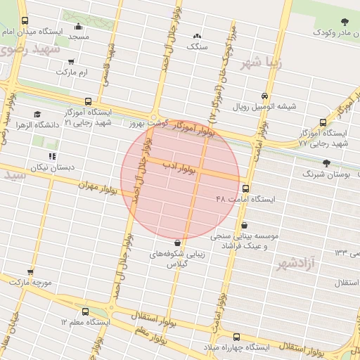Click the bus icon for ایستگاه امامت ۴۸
pos(245,188)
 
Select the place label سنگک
pos(198,46)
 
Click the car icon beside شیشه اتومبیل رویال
pos(264,96)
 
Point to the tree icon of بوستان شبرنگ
pos(325,162)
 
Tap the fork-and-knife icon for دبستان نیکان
pos(51,156)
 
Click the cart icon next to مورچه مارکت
pos(30,271)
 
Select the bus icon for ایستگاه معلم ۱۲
pos(86,311)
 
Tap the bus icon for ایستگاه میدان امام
pos(26,21)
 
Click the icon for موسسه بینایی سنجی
pos(244,225)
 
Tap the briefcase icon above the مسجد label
pos(79,27)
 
